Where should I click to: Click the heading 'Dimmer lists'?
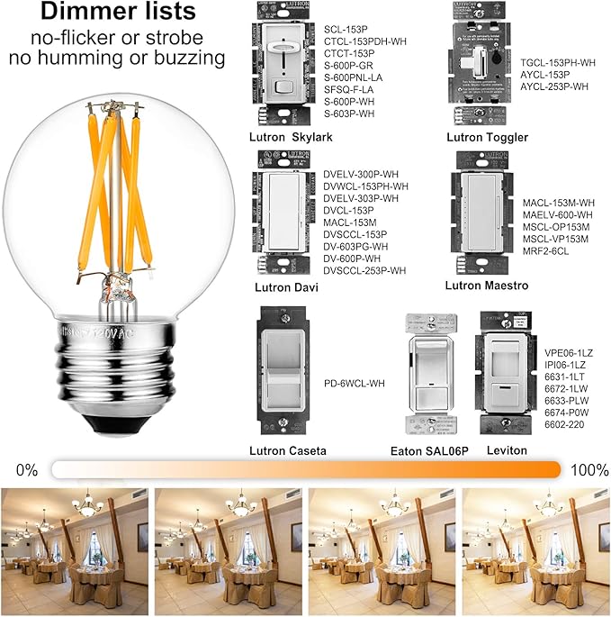(x=116, y=13)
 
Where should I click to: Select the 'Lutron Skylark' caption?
(x=292, y=138)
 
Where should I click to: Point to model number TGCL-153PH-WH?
(x=558, y=62)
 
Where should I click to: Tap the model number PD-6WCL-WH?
(x=355, y=384)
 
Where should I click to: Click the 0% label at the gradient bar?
(x=27, y=470)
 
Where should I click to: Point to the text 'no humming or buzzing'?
(x=116, y=59)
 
